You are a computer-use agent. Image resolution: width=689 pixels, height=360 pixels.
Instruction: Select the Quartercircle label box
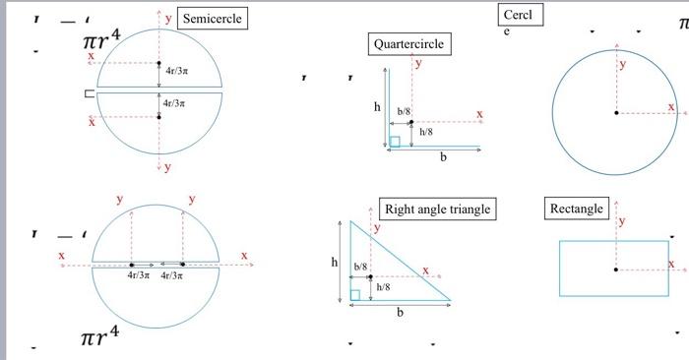tap(408, 44)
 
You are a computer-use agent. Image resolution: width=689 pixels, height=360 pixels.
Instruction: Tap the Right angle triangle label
tap(437, 209)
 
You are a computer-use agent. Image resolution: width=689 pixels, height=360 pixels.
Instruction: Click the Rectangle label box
tap(577, 209)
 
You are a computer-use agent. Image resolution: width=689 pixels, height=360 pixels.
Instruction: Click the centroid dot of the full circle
tap(617, 114)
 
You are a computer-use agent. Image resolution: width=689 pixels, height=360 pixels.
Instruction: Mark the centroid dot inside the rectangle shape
tap(617, 270)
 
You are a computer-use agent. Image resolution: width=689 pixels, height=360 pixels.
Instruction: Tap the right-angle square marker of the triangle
tap(354, 294)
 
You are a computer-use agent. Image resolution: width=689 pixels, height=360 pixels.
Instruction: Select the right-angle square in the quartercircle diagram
tap(395, 142)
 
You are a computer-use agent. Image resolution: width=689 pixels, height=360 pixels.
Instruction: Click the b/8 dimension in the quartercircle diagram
tap(404, 113)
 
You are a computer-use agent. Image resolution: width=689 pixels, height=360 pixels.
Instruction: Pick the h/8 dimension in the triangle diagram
tap(383, 286)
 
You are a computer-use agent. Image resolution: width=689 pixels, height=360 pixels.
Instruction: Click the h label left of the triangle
tap(334, 263)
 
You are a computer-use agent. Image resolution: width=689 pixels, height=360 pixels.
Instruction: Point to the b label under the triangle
tap(400, 313)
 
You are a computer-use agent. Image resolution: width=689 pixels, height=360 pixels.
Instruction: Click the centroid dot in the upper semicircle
tap(158, 63)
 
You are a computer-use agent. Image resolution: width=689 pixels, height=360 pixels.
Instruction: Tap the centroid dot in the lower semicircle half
tap(158, 116)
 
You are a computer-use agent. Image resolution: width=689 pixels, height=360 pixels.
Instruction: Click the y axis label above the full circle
tap(621, 64)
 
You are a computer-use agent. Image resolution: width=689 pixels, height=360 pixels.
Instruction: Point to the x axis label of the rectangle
tap(671, 264)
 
